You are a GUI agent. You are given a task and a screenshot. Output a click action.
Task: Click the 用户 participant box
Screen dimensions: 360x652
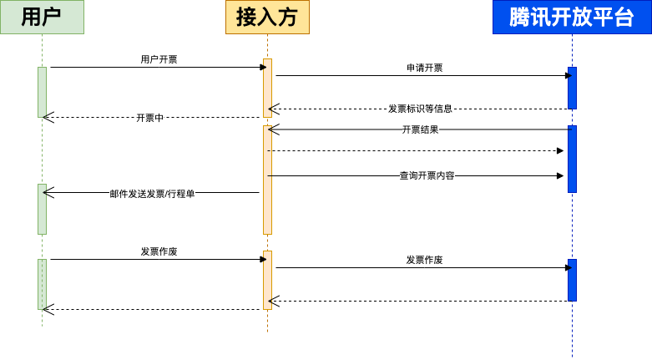click(x=42, y=17)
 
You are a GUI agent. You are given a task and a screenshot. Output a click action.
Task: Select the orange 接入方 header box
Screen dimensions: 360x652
click(x=267, y=17)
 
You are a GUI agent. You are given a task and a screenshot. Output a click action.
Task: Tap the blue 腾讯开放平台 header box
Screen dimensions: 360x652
click(x=572, y=17)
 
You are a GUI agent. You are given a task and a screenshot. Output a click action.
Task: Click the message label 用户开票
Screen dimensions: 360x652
click(x=159, y=59)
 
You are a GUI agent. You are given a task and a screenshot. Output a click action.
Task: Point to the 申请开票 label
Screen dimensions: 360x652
click(x=424, y=68)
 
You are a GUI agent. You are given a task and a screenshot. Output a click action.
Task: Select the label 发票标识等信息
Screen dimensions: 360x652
click(x=420, y=109)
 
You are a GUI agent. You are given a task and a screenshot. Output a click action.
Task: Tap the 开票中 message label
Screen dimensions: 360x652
click(x=149, y=118)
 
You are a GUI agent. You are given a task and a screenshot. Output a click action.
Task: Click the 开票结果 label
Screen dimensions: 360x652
click(x=420, y=129)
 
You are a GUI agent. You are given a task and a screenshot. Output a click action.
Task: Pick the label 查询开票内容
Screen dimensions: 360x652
click(x=427, y=175)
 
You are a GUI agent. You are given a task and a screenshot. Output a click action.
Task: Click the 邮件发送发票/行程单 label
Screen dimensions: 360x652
click(x=152, y=194)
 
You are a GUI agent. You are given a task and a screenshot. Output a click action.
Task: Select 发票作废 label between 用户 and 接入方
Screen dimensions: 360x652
click(x=159, y=251)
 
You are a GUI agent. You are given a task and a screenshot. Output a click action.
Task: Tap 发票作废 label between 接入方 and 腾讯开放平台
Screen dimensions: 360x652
click(x=424, y=260)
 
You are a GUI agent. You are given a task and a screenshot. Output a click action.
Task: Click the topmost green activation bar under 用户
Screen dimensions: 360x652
click(x=42, y=92)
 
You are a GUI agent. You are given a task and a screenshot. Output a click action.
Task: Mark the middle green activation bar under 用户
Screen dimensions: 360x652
click(x=42, y=209)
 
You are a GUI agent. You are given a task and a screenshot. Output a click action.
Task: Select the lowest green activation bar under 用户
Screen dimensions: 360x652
click(x=42, y=284)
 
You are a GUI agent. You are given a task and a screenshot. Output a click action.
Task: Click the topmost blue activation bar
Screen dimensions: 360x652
click(x=572, y=88)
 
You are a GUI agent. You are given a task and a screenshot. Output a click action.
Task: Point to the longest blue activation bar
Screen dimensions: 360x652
click(x=572, y=159)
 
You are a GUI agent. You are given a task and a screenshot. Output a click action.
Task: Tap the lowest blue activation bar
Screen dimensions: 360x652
click(x=572, y=280)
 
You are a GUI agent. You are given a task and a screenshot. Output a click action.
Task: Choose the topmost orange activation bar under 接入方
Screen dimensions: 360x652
click(x=268, y=88)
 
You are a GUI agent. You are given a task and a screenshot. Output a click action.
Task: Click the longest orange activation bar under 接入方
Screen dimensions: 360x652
click(x=268, y=180)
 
